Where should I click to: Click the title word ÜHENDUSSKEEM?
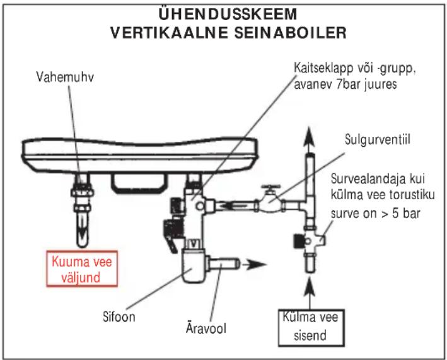coord(228,14)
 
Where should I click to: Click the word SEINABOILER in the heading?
coord(291,33)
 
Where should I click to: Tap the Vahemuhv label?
coord(65,77)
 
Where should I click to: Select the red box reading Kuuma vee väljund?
coord(82,269)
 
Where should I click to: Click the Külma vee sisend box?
coord(311,328)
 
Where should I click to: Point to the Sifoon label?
coord(119,316)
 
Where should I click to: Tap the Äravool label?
coord(206,327)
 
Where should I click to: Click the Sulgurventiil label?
coord(378,139)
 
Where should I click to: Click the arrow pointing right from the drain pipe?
coord(254,264)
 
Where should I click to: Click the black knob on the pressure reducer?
coord(298,241)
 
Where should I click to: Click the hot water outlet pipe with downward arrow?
coord(83,211)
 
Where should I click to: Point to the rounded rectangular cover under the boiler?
coord(139,183)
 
